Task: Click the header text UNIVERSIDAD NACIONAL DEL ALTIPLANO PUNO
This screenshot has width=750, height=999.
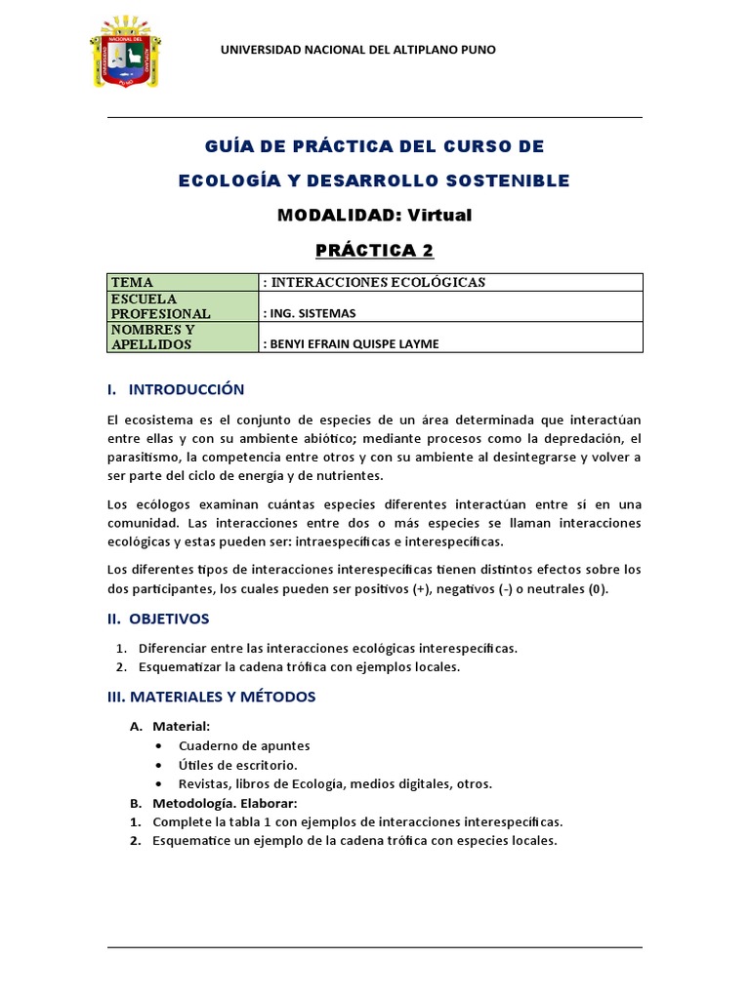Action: pos(358,50)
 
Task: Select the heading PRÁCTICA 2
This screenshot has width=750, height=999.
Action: pos(374,251)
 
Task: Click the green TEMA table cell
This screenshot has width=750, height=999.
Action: pos(182,283)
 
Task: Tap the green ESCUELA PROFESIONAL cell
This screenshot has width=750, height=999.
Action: pos(182,306)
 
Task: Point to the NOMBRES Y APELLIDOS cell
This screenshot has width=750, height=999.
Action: pos(182,337)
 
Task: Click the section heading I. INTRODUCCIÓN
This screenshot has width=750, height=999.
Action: pos(176,389)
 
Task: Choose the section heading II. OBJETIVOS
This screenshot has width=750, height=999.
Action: pos(158,619)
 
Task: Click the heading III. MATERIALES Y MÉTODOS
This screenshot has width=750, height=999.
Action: pos(211,697)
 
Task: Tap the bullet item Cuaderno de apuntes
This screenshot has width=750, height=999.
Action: pos(244,745)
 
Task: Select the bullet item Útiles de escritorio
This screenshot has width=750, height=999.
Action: pos(237,765)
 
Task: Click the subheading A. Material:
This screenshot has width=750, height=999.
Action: pos(171,726)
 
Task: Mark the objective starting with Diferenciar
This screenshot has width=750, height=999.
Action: pos(328,648)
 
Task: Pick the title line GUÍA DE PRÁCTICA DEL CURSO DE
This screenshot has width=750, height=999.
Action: pos(374,146)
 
